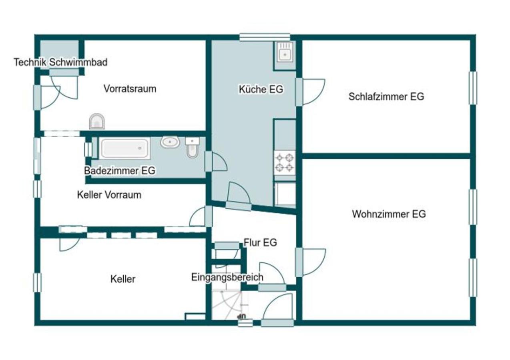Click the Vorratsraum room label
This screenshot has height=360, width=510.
pyautogui.click(x=130, y=89)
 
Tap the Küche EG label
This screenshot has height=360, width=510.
pyautogui.click(x=261, y=89)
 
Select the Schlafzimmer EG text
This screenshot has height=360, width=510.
pyautogui.click(x=386, y=96)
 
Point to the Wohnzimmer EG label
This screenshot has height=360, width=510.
pyautogui.click(x=389, y=214)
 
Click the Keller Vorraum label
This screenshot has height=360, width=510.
pyautogui.click(x=109, y=195)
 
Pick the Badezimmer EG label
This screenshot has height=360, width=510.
pyautogui.click(x=120, y=170)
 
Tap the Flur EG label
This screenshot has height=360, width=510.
pyautogui.click(x=260, y=242)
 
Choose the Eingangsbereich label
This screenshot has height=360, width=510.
pyautogui.click(x=227, y=277)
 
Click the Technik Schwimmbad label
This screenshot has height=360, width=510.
pyautogui.click(x=60, y=62)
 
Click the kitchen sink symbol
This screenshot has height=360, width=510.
pyautogui.click(x=285, y=55)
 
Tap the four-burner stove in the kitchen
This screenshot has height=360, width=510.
pyautogui.click(x=285, y=162)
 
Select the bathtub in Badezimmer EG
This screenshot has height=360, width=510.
pyautogui.click(x=124, y=148)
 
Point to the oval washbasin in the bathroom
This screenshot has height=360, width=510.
pyautogui.click(x=170, y=142)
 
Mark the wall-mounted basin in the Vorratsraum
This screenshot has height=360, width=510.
pyautogui.click(x=97, y=121)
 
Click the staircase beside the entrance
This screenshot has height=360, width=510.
pyautogui.click(x=227, y=305)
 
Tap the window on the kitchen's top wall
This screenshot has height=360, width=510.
pyautogui.click(x=265, y=38)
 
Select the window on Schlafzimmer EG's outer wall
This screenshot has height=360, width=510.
pyautogui.click(x=473, y=88)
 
